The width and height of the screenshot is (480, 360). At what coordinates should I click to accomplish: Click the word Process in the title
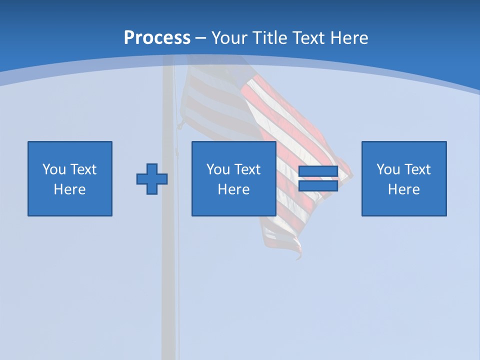coord(157,38)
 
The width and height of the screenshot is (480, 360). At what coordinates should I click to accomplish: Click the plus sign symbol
coord(152,179)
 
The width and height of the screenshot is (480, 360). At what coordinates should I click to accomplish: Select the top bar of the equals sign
coord(318,171)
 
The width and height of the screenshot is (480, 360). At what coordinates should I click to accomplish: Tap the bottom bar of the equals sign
coord(318,186)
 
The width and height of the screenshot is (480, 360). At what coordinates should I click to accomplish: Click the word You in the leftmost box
coord(54,169)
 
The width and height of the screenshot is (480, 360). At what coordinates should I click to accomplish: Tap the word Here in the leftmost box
coord(70,189)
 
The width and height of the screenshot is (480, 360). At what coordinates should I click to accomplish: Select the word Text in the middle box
coord(247,169)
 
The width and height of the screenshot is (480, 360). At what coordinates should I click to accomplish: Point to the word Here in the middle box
coord(234,189)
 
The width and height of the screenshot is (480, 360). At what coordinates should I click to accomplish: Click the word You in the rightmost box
coord(388,169)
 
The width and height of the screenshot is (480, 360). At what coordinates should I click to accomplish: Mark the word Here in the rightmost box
coord(404,189)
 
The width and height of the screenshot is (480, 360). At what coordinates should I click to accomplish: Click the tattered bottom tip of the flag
coord(298,256)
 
